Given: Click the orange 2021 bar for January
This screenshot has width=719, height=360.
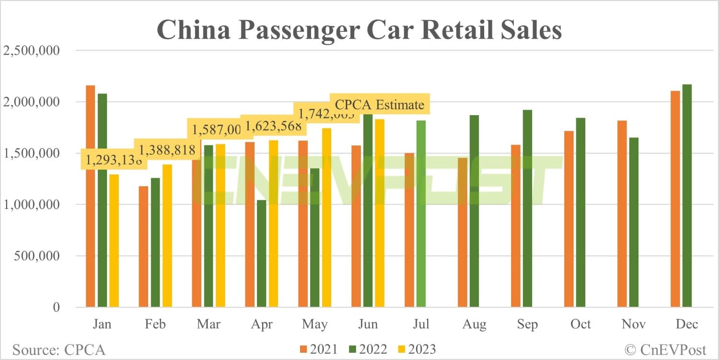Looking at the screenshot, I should (x=91, y=197).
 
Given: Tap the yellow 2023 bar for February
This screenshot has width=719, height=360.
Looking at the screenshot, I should (x=167, y=235).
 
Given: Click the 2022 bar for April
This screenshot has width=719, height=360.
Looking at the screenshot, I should (x=261, y=254).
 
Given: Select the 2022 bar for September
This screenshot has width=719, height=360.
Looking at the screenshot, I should (x=528, y=209).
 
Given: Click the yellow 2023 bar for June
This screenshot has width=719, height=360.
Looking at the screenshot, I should (x=380, y=213).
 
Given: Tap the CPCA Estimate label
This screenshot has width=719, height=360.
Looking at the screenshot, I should (x=379, y=105).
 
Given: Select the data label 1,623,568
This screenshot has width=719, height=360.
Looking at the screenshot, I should (x=273, y=127).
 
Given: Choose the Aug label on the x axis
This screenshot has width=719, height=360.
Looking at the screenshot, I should (x=474, y=325).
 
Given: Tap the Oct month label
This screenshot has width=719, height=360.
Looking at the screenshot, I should (x=580, y=325).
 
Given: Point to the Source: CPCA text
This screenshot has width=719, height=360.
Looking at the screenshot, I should (x=58, y=349).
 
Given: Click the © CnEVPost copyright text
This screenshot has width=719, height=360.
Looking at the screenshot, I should (x=666, y=349).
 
